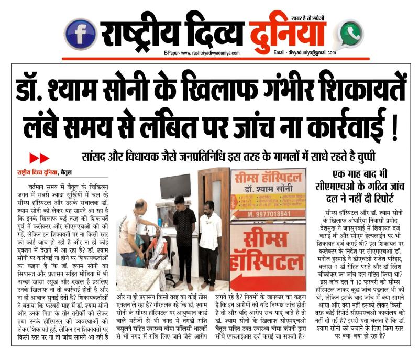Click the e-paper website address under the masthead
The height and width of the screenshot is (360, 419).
point(201,53)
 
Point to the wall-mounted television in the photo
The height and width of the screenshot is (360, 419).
point(175,186)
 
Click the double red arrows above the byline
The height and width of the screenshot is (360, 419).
point(39,158)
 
